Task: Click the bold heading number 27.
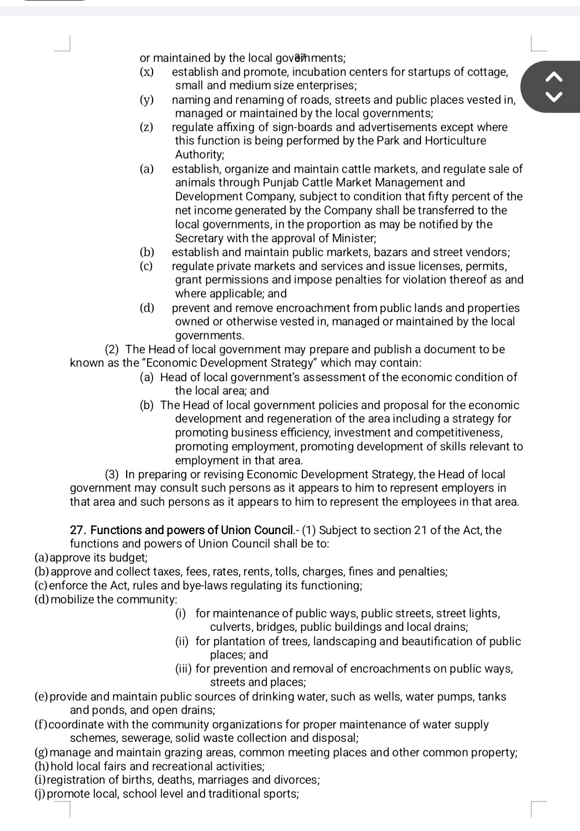click(78, 530)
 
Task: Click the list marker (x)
click(146, 72)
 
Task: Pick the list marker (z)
click(146, 127)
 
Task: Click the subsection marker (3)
click(112, 475)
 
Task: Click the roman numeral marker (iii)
click(184, 669)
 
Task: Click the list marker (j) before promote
click(40, 794)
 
